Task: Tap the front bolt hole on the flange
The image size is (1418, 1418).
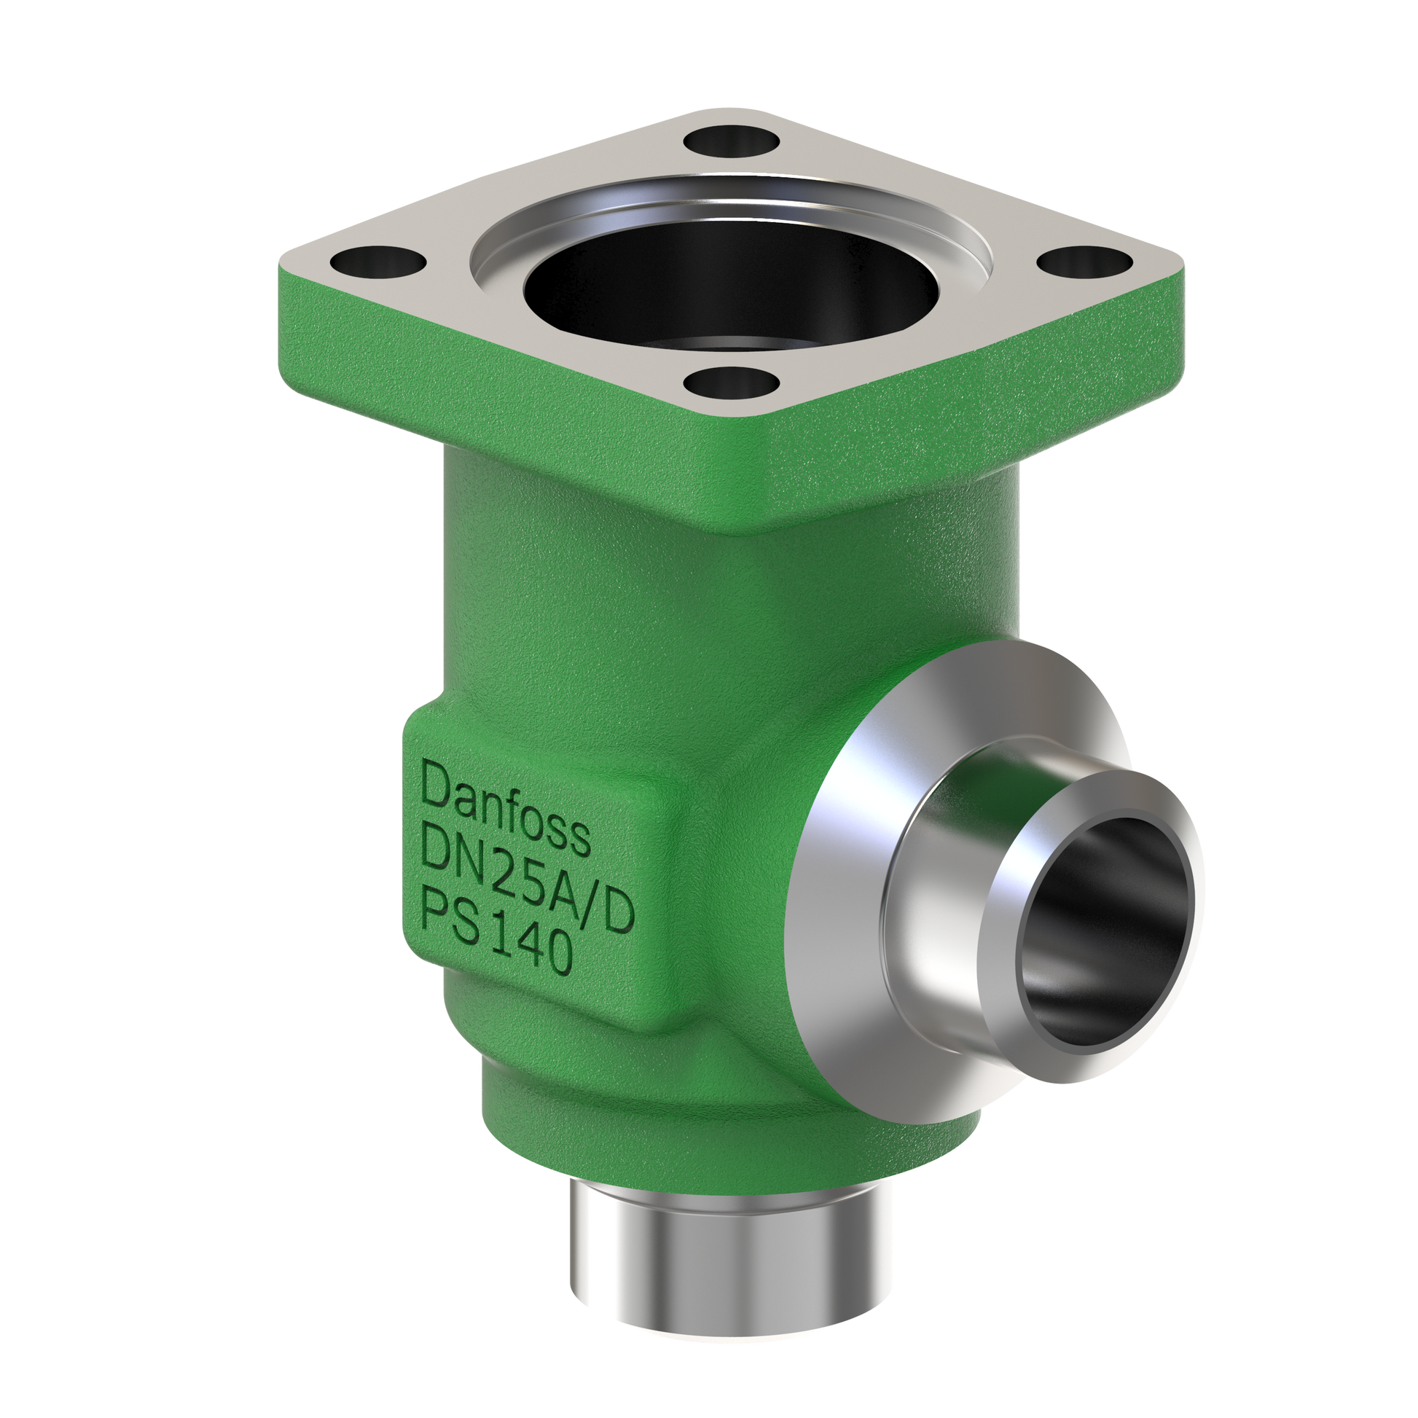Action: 731,382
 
